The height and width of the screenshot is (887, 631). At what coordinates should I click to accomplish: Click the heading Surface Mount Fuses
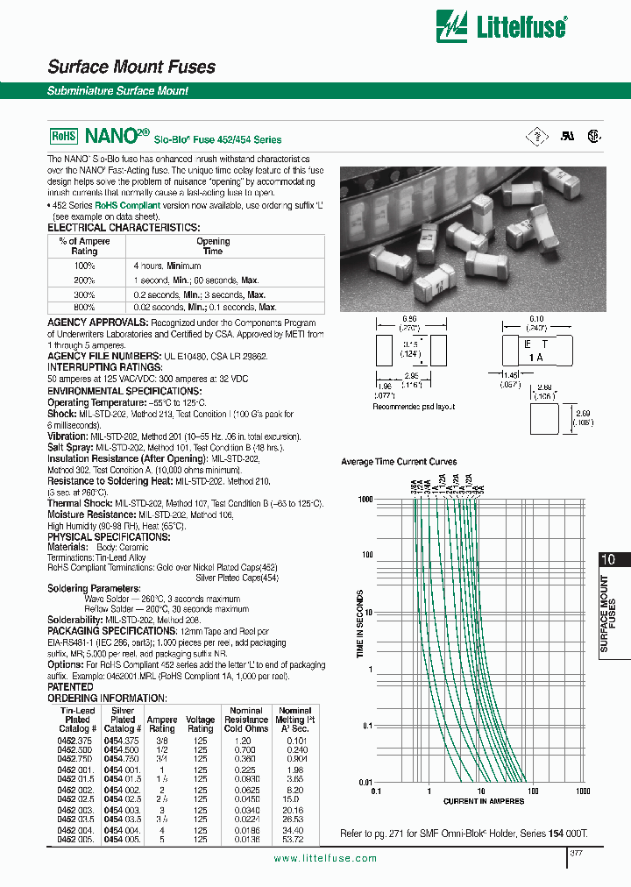(131, 67)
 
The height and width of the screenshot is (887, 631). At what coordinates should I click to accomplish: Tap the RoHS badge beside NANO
(64, 137)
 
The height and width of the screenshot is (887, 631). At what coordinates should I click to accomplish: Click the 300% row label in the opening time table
(84, 294)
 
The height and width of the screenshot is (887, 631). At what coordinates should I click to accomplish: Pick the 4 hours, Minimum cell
(167, 266)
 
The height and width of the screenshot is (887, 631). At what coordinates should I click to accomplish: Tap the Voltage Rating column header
(201, 724)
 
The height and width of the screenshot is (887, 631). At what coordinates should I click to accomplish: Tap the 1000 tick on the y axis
(365, 498)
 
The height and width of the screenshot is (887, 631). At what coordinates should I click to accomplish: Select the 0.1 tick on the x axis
(377, 790)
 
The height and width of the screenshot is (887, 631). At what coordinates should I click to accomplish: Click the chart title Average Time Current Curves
(398, 461)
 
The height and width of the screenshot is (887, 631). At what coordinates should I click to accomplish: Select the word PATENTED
(70, 687)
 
